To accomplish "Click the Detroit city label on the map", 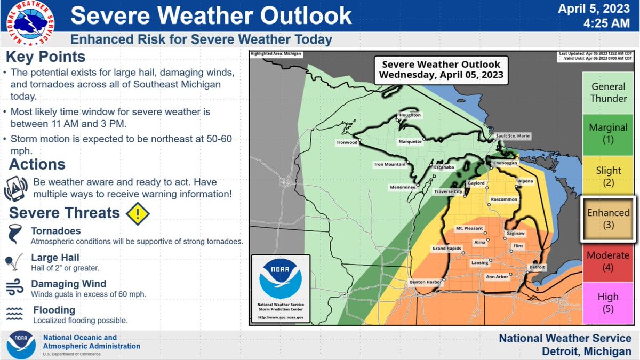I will point(537,266).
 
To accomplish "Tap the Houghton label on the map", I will point(410,115).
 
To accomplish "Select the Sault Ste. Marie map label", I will point(513,136).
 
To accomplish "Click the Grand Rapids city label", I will point(446,249).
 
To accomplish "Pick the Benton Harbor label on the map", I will point(424,282).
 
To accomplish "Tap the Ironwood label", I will point(347,142).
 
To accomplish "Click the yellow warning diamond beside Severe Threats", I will point(138,213).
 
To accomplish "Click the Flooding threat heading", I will point(54,310).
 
